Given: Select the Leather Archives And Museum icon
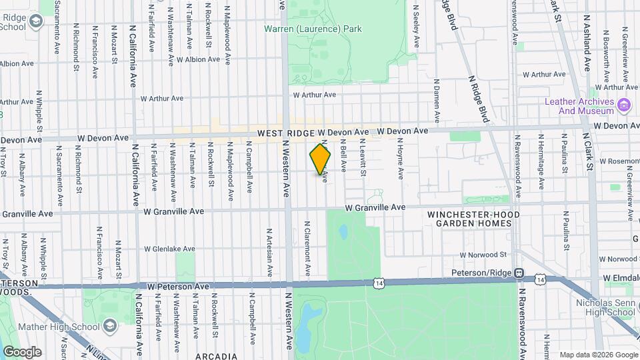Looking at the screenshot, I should coord(624,105).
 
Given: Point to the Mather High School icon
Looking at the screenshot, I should coord(109,327).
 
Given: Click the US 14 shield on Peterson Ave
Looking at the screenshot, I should coord(379,283).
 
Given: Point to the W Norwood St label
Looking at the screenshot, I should coord(483,255).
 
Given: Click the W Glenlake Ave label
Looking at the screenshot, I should coord(169,249).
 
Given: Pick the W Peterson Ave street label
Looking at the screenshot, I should coord(178,286).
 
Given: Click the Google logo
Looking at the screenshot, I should coord(22,351).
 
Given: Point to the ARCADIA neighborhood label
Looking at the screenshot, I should coord(216,357).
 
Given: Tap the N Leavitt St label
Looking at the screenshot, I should coord(363,157).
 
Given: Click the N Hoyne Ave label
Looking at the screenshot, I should coord(401,159).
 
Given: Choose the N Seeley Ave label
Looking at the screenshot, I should coord(417,27).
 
